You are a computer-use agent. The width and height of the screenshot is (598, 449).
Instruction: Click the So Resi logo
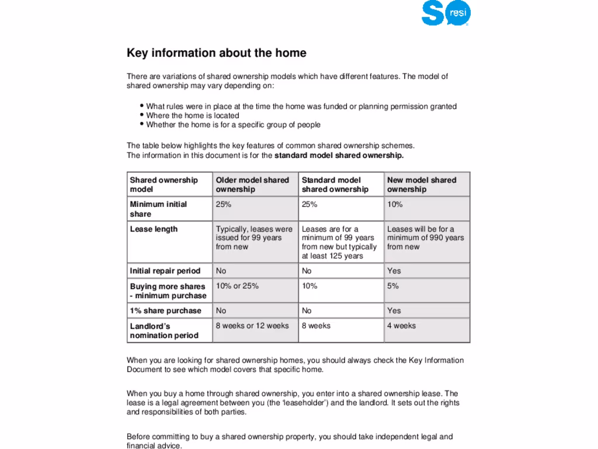click(x=446, y=14)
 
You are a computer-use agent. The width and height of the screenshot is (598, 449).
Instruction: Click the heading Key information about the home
click(x=217, y=53)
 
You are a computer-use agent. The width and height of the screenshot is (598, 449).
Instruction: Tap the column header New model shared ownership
click(x=422, y=185)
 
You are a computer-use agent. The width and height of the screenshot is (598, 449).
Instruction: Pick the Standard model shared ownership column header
click(x=335, y=185)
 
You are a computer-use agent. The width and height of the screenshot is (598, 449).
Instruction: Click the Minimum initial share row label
click(x=158, y=209)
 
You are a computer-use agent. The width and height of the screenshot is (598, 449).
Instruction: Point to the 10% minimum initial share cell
click(x=395, y=205)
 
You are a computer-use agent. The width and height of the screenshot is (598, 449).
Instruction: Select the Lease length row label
click(x=154, y=229)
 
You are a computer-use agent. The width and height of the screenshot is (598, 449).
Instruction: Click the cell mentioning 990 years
click(x=426, y=238)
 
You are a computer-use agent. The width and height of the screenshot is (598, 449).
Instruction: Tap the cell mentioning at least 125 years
click(x=339, y=243)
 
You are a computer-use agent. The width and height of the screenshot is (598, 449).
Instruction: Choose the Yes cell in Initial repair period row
click(x=394, y=271)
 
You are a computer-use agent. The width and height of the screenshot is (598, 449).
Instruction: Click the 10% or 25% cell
click(x=237, y=286)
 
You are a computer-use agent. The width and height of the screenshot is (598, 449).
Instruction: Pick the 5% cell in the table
click(x=393, y=286)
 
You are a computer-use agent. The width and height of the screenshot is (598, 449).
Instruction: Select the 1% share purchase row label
click(x=165, y=311)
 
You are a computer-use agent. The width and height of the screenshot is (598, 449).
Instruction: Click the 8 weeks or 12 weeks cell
click(x=252, y=326)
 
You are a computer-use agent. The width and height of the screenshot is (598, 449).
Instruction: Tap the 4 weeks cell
click(x=402, y=326)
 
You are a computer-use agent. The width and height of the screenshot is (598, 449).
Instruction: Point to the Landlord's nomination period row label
click(x=164, y=331)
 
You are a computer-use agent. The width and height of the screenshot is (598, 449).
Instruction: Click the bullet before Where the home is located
click(x=142, y=115)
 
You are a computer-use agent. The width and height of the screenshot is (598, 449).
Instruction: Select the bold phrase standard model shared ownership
click(x=339, y=156)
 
